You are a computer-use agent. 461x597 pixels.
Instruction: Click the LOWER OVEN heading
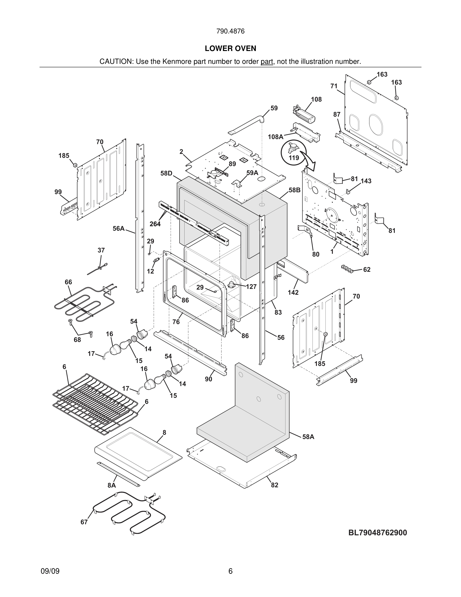tap(230, 48)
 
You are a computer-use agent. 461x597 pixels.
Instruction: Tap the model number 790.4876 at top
tap(230, 31)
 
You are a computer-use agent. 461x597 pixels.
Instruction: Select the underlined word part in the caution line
tap(267, 62)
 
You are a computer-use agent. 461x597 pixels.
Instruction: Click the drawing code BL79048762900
tap(377, 533)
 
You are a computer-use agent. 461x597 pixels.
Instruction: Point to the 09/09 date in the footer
tap(50, 571)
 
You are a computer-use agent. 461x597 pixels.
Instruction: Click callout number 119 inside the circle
tap(294, 158)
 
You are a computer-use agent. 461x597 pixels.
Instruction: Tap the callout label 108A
tap(275, 137)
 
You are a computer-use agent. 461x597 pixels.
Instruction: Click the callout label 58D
tap(166, 173)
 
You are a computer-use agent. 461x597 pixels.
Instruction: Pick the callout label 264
tap(155, 224)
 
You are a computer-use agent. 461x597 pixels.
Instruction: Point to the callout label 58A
tap(308, 437)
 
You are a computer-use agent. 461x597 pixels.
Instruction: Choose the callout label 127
tap(251, 286)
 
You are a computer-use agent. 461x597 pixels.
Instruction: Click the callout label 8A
tap(111, 485)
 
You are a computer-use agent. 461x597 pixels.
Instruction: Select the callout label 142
tap(293, 292)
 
